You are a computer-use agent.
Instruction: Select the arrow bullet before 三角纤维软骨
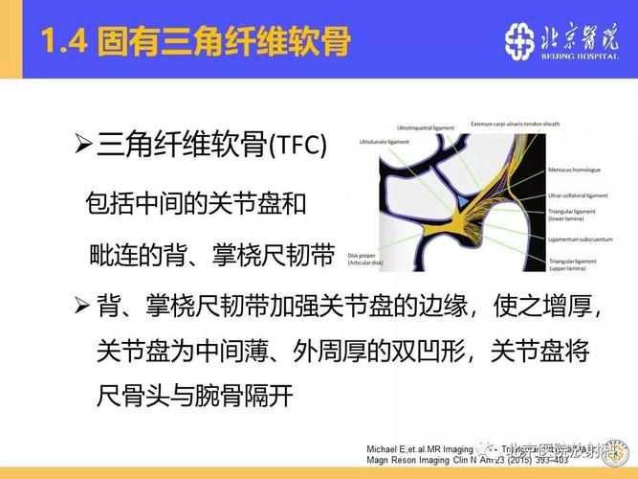(x=82, y=145)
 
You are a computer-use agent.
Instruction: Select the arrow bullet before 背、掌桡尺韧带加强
(x=82, y=307)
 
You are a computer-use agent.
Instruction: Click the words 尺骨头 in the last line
(x=130, y=394)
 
